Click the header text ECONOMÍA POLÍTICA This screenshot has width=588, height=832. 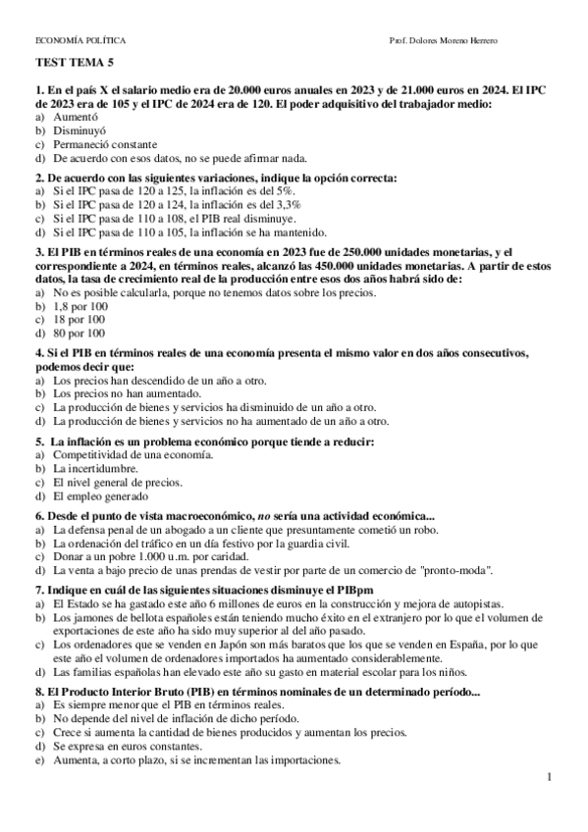[80, 39]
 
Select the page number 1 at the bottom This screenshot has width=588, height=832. [552, 779]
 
